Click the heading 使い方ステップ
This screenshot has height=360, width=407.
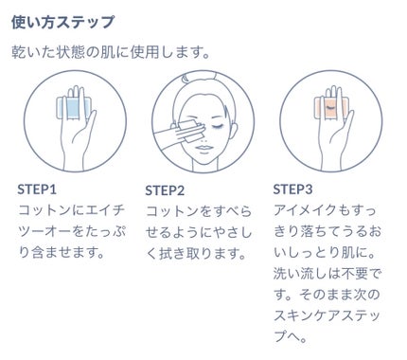pyautogui.click(x=62, y=22)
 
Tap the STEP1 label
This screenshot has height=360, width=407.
pyautogui.click(x=37, y=189)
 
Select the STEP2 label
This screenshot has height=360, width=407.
pyautogui.click(x=165, y=190)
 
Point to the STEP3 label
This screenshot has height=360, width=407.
pyautogui.click(x=292, y=189)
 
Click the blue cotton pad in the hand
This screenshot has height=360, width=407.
pyautogui.click(x=74, y=108)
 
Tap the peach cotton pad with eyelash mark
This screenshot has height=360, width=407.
pyautogui.click(x=331, y=108)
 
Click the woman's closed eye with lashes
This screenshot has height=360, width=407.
pyautogui.click(x=216, y=127)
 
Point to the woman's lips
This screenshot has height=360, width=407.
pyautogui.click(x=204, y=149)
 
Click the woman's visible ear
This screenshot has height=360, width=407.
pyautogui.click(x=233, y=130)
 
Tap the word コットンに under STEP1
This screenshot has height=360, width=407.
pyautogui.click(x=51, y=210)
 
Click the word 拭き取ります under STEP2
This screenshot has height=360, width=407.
pyautogui.click(x=202, y=253)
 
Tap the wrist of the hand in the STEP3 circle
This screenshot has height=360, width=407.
pyautogui.click(x=331, y=161)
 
